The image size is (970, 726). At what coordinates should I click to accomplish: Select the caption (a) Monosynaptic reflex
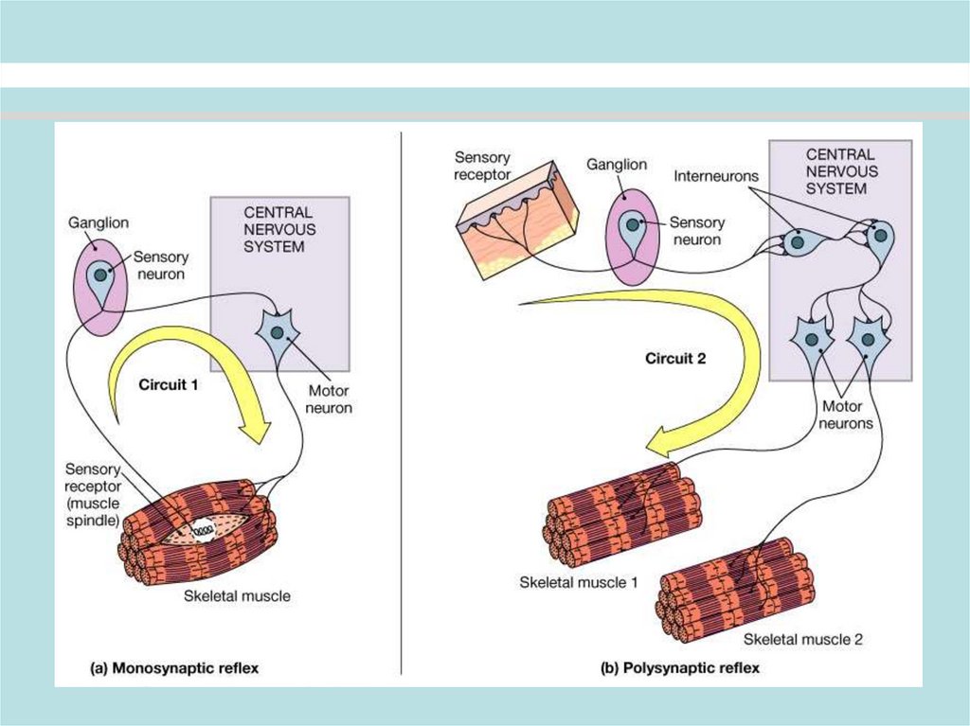point(173,668)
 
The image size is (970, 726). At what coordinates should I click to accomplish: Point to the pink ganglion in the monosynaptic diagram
point(99,285)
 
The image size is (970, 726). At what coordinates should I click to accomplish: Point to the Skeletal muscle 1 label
point(579,582)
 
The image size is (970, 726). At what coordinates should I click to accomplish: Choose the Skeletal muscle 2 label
point(802,639)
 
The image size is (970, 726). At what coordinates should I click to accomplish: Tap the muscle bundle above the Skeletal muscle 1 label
point(625,512)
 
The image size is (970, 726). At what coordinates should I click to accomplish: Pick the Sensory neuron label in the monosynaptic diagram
point(161,265)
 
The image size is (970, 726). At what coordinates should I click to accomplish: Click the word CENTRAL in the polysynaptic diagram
point(841,154)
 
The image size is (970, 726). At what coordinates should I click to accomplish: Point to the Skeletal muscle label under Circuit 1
point(237,596)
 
